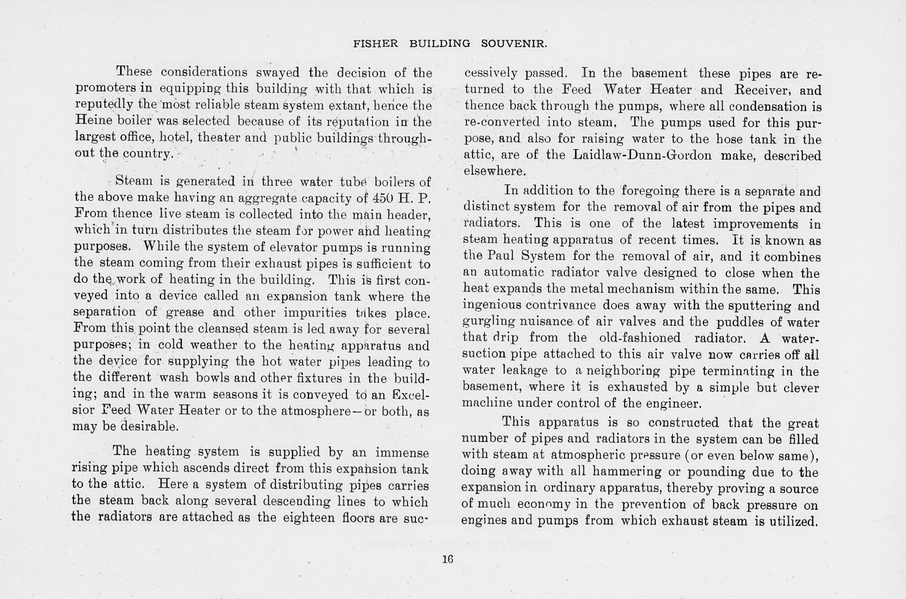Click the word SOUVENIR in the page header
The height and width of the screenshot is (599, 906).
514,44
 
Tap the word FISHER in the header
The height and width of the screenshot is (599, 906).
376,44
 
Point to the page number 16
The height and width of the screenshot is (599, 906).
448,559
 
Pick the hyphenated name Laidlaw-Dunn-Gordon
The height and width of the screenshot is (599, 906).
642,155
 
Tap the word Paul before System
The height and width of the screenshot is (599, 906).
502,256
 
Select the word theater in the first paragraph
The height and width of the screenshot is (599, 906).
219,137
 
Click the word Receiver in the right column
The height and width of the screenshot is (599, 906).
764,90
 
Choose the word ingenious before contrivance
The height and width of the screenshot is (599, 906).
491,305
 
